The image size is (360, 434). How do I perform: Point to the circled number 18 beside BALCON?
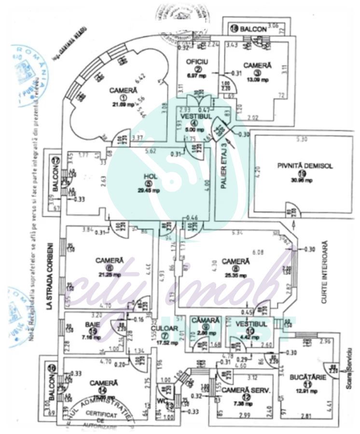[x=234, y=28]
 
